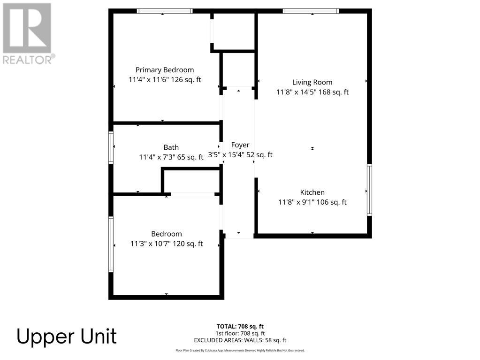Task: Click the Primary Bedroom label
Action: point(165,70)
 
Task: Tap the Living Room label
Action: point(312,82)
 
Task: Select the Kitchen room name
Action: point(312,192)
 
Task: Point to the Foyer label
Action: point(240,145)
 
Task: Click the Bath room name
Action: point(171,147)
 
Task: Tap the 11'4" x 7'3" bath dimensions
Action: point(158,158)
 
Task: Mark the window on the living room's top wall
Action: point(311,11)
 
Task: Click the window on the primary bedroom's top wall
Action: point(165,11)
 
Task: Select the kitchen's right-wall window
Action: point(369,190)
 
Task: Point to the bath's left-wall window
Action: point(111,147)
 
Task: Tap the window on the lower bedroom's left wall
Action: point(111,244)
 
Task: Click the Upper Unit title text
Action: point(67,337)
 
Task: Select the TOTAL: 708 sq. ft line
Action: point(240,326)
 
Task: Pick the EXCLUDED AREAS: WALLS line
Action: point(240,340)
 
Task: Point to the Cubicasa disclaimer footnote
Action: point(240,350)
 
